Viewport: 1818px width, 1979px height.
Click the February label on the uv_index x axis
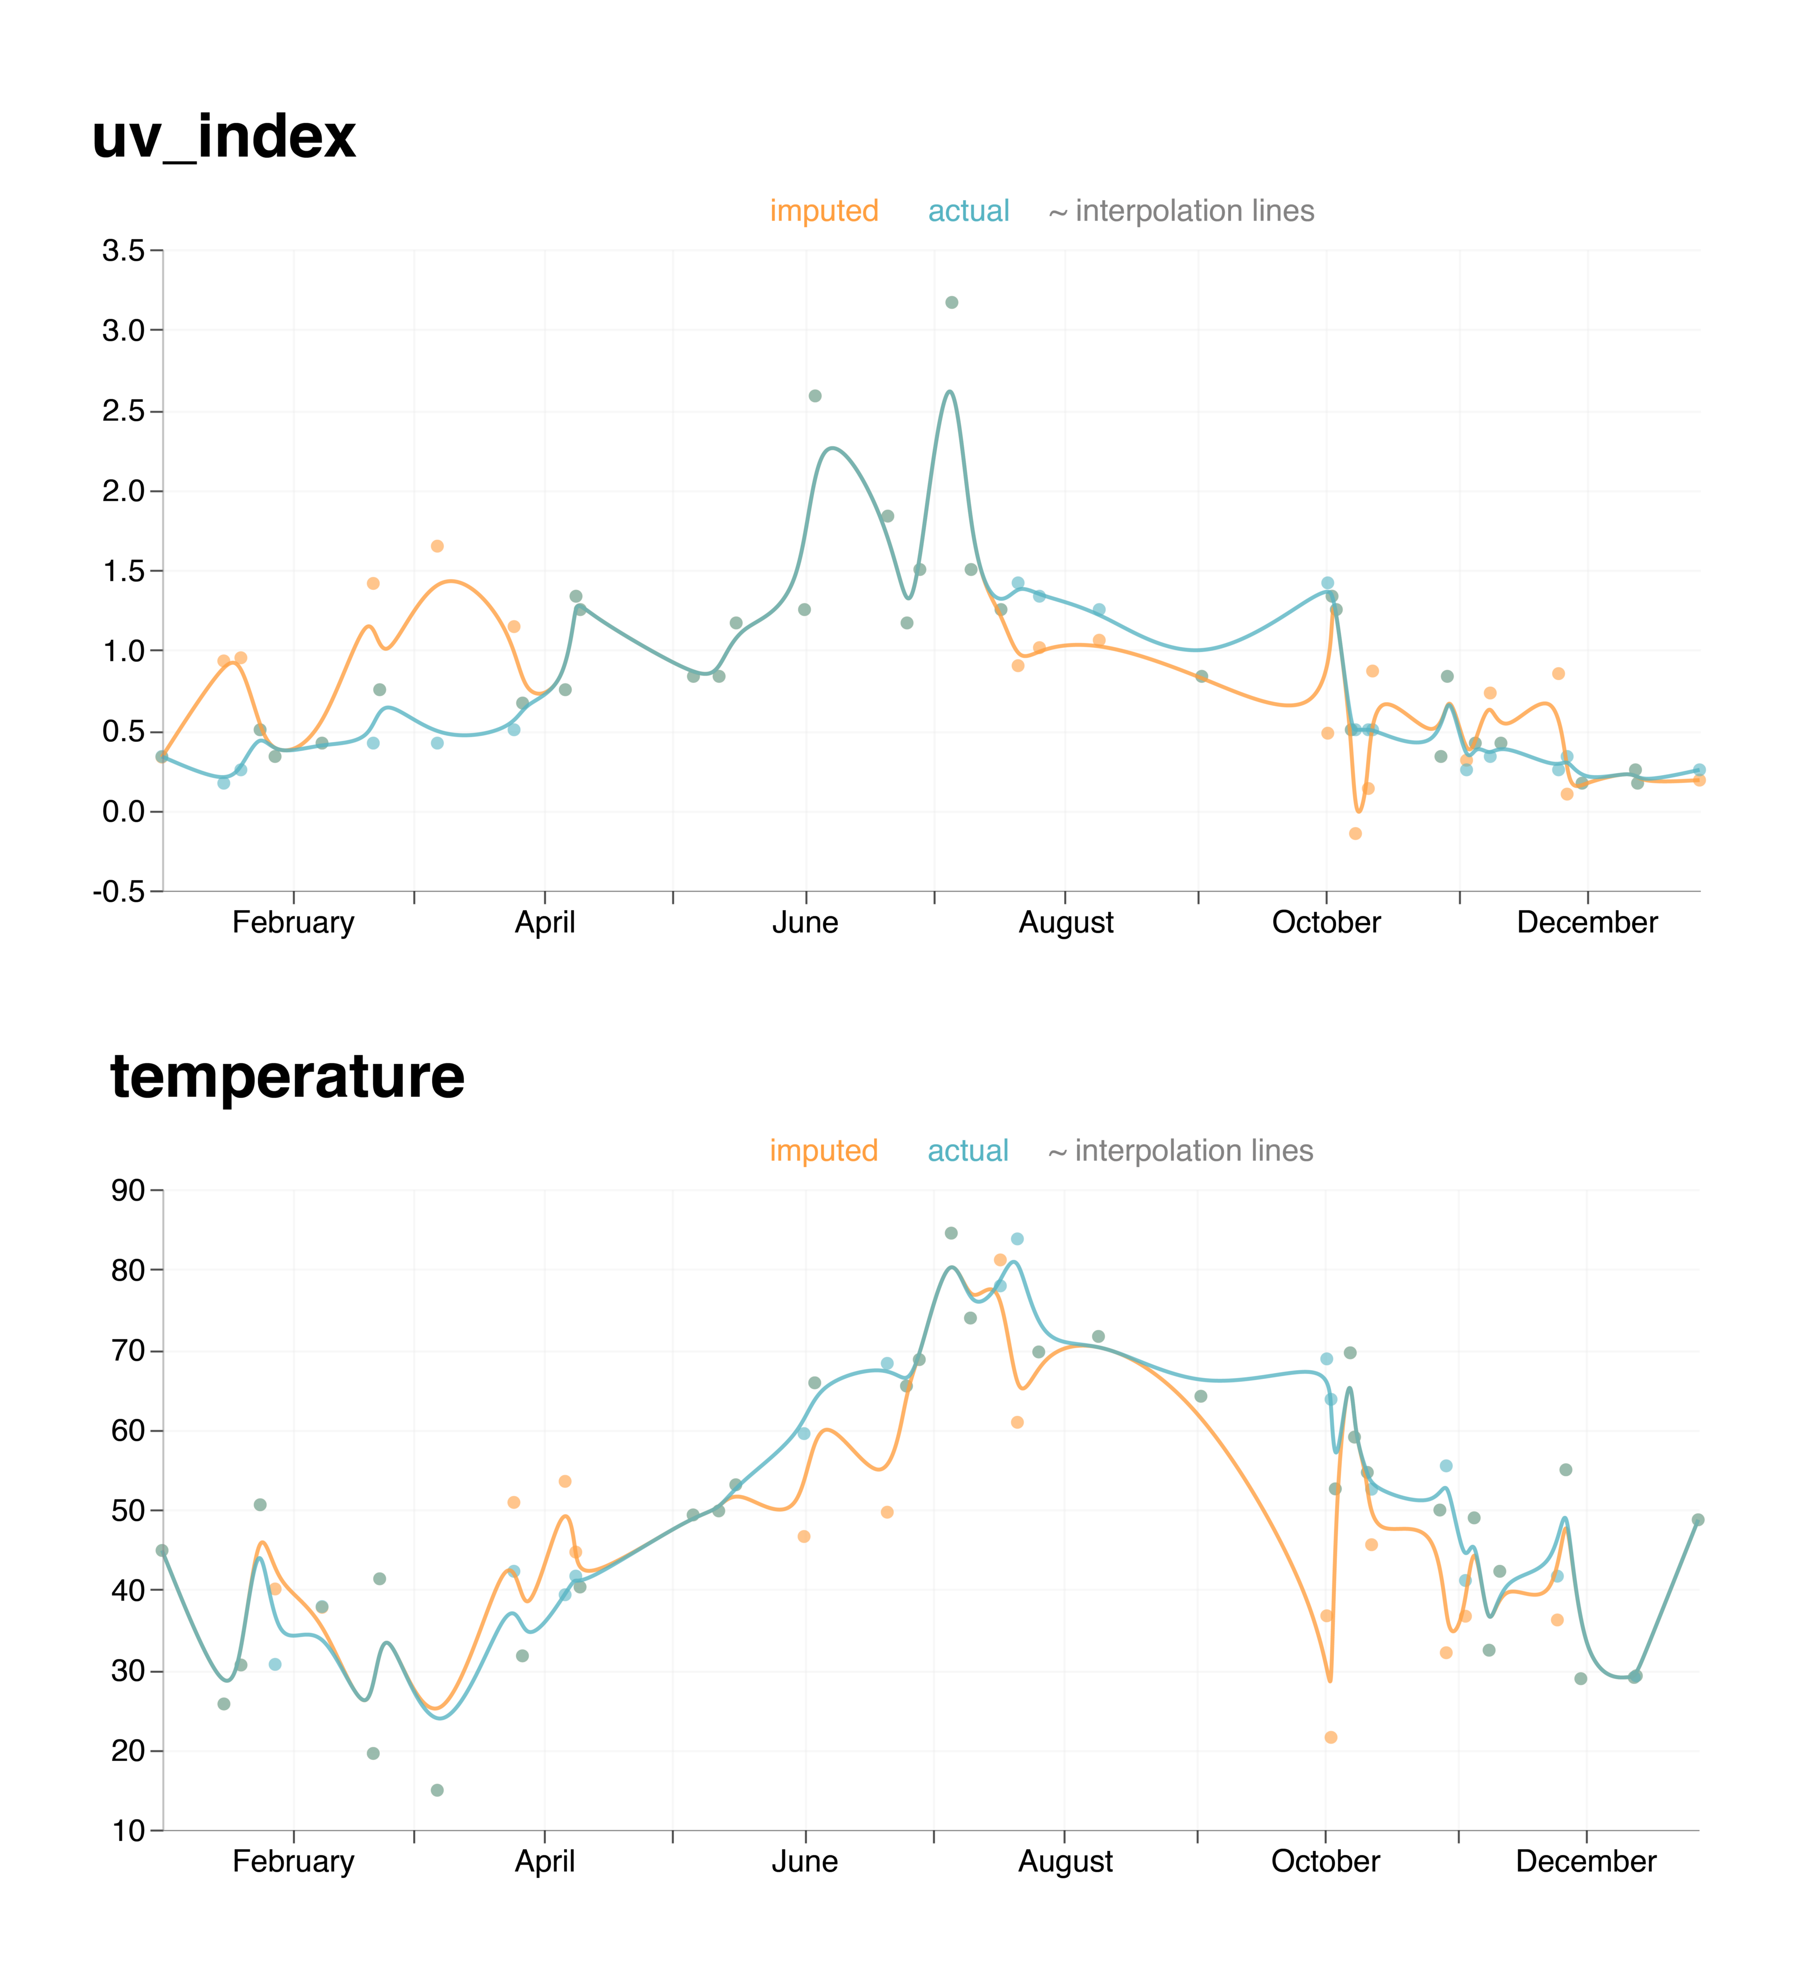click(x=293, y=923)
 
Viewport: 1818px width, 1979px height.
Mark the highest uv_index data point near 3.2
click(x=951, y=302)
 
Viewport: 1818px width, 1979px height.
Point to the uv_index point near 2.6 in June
click(x=814, y=396)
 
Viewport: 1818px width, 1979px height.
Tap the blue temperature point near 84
click(x=1017, y=1239)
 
